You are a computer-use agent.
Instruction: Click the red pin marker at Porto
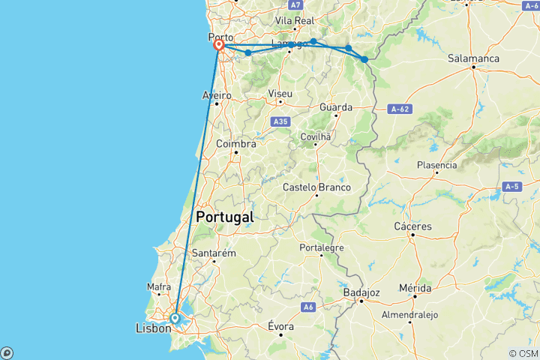(219, 45)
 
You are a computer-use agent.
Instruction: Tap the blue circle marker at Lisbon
(175, 319)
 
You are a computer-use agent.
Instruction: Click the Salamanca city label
(473, 58)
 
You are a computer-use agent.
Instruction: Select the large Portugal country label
(224, 217)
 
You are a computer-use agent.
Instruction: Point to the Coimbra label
(236, 142)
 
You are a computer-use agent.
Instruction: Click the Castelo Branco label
(317, 187)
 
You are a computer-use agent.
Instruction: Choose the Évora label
(280, 326)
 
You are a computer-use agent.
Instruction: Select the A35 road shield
(280, 121)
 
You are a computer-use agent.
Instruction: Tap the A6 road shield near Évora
(308, 307)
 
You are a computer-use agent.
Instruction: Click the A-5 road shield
(512, 186)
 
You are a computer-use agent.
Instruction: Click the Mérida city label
(415, 288)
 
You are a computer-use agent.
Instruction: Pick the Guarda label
(335, 107)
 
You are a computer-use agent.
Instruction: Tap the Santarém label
(214, 253)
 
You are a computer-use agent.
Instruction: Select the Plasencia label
(436, 165)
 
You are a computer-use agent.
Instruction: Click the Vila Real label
(295, 20)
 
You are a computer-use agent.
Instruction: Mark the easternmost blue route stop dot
(364, 59)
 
